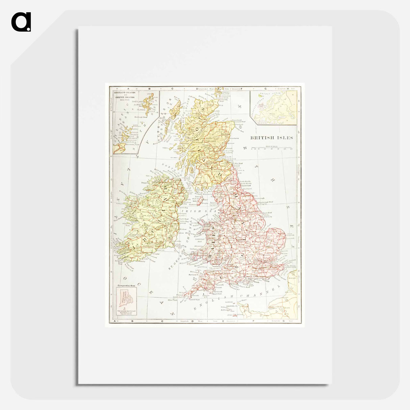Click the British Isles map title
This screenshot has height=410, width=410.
click(271, 138)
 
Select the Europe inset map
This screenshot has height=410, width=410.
click(273, 107)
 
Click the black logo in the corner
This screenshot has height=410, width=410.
click(21, 22)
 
